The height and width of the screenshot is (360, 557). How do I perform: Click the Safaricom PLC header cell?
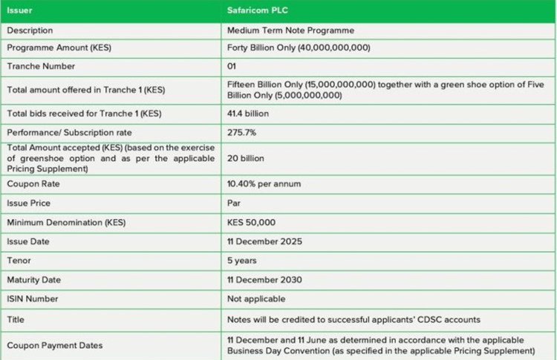pyautogui.click(x=257, y=11)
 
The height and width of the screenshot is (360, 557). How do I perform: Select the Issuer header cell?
pyautogui.click(x=21, y=11)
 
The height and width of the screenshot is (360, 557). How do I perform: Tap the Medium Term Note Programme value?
pyautogui.click(x=290, y=30)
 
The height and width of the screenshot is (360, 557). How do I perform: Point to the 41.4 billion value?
pyautogui.click(x=248, y=114)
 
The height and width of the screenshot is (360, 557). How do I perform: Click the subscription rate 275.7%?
pyautogui.click(x=241, y=134)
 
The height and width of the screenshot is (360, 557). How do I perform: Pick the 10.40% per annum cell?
pyautogui.click(x=263, y=183)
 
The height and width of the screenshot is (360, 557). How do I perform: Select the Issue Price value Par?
pyautogui.click(x=233, y=203)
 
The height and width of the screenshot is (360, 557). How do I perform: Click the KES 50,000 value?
pyautogui.click(x=251, y=222)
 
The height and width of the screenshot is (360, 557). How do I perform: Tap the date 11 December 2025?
pyautogui.click(x=264, y=241)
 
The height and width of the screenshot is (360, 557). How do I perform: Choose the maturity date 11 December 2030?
pyautogui.click(x=265, y=280)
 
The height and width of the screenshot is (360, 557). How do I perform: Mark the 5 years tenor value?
pyautogui.click(x=242, y=261)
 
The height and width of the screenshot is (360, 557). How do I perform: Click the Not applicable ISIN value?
pyautogui.click(x=255, y=299)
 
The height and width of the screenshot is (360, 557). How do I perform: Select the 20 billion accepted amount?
pyautogui.click(x=245, y=159)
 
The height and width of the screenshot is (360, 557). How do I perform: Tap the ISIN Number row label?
pyautogui.click(x=33, y=299)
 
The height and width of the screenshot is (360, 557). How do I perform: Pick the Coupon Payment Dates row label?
pyautogui.click(x=54, y=345)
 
